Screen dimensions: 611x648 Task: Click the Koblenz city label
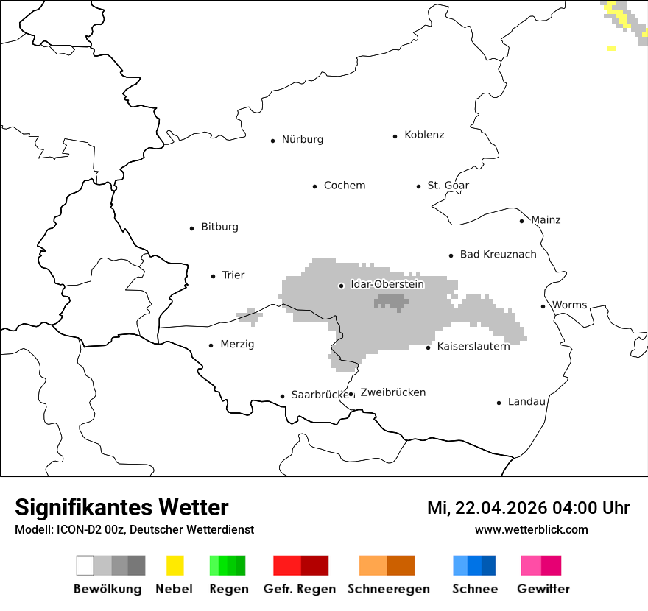pyautogui.click(x=424, y=135)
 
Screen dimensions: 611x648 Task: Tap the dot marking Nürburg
pyautogui.click(x=272, y=141)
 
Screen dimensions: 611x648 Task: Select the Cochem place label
pyautogui.click(x=344, y=186)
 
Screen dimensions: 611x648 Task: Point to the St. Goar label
pyautogui.click(x=448, y=186)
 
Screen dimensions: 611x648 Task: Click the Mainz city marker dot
pyautogui.click(x=521, y=221)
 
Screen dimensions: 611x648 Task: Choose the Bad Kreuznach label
pyautogui.click(x=498, y=255)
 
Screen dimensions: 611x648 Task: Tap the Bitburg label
pyautogui.click(x=219, y=227)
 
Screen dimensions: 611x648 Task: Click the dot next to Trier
pyautogui.click(x=213, y=276)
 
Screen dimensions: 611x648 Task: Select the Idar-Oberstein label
pyautogui.click(x=387, y=285)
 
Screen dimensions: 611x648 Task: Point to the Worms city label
pyautogui.click(x=569, y=305)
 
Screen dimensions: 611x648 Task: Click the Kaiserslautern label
pyautogui.click(x=473, y=347)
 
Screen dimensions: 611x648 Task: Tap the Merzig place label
pyautogui.click(x=237, y=345)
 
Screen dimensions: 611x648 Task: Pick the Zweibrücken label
pyautogui.click(x=392, y=393)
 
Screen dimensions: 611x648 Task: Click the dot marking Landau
pyautogui.click(x=499, y=403)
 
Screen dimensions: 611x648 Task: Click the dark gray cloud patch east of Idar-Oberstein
pyautogui.click(x=391, y=302)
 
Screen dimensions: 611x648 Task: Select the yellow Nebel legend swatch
pyautogui.click(x=175, y=565)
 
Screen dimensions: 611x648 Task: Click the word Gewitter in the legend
pyautogui.click(x=543, y=589)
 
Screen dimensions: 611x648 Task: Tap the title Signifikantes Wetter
pyautogui.click(x=121, y=508)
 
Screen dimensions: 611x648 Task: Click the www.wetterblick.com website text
pyautogui.click(x=531, y=530)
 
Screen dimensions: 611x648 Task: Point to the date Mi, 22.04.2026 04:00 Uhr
pyautogui.click(x=528, y=509)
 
